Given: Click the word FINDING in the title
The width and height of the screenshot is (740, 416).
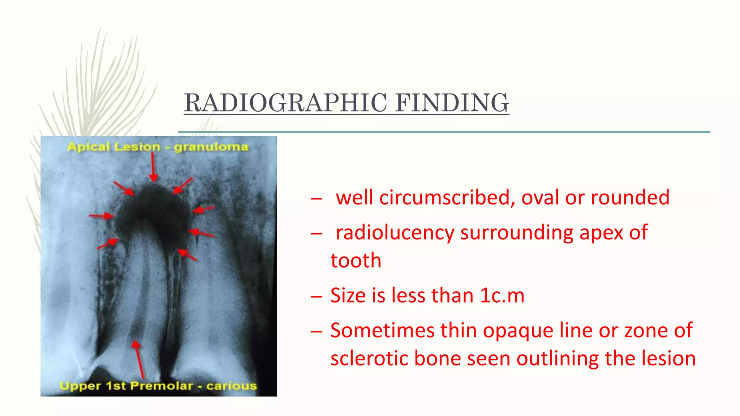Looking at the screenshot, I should point(452,103).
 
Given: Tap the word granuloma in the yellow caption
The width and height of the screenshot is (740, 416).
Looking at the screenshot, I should point(211,147).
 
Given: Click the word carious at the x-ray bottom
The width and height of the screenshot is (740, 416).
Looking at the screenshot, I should point(232,386).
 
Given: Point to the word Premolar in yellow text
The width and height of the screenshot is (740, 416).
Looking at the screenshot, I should point(162,386).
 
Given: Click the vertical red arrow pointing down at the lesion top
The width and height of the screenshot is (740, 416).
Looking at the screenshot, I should point(153,167).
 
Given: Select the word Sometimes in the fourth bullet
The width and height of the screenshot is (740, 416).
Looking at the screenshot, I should point(382,330).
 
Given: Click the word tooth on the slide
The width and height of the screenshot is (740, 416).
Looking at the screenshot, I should point(356,260).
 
